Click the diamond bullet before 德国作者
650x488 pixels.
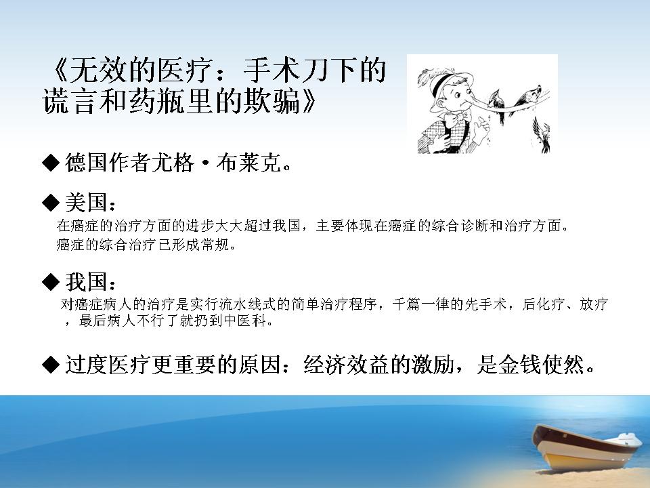(51, 162)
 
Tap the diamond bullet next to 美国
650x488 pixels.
(51, 203)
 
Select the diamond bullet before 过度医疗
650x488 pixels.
(51, 365)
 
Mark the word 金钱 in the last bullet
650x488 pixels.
(519, 365)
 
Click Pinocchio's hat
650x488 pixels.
(448, 83)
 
